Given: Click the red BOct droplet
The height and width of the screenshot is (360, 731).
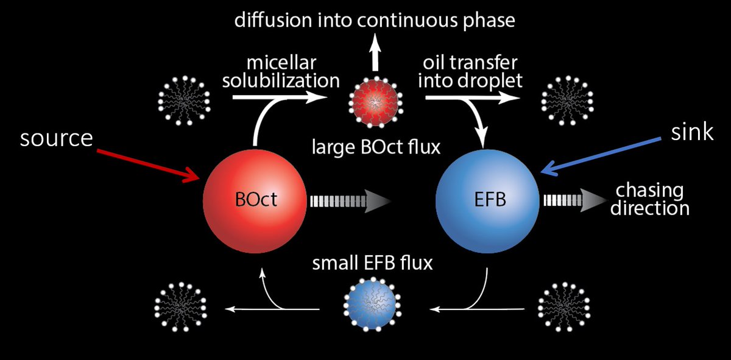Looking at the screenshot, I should coord(255,200).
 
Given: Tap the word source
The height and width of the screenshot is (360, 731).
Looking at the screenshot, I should coord(55,138).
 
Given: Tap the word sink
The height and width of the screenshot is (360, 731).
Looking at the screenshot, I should coord(692,132).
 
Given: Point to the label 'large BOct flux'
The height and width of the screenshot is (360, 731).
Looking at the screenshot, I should coord(375,147).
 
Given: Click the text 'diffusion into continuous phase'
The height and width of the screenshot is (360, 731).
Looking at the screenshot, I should coord(375,20).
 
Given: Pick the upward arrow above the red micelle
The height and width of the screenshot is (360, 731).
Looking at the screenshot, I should coord(375,55).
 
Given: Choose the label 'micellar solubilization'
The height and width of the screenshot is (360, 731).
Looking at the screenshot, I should coord(280,71).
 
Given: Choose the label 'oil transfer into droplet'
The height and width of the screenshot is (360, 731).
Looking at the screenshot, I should coord(471,71).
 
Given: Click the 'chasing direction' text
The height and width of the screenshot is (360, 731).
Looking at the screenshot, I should coord(649,199).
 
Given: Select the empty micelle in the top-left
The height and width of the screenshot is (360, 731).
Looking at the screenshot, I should coord(184,99).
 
